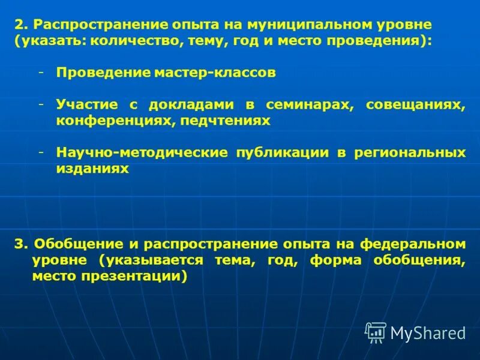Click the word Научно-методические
pyautogui.click(x=142, y=153)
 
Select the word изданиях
pyautogui.click(x=93, y=169)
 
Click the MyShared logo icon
pyautogui.click(x=376, y=332)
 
